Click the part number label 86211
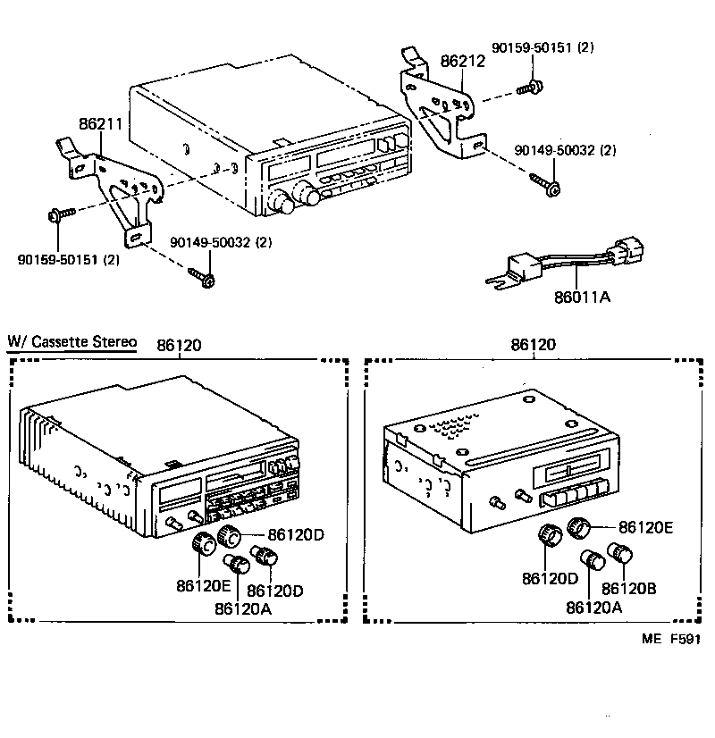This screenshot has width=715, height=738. (99, 124)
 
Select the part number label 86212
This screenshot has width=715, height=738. (462, 62)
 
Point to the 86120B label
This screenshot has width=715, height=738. (629, 588)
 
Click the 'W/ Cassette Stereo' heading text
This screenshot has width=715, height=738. (71, 341)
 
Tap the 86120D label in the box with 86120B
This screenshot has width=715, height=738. (551, 578)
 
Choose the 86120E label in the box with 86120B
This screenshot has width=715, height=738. (645, 528)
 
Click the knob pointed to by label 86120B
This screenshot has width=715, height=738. (619, 552)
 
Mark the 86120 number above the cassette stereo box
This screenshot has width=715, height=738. (179, 344)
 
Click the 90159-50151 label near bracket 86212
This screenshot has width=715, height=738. (543, 46)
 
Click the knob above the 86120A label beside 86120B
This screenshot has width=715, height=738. (591, 561)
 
